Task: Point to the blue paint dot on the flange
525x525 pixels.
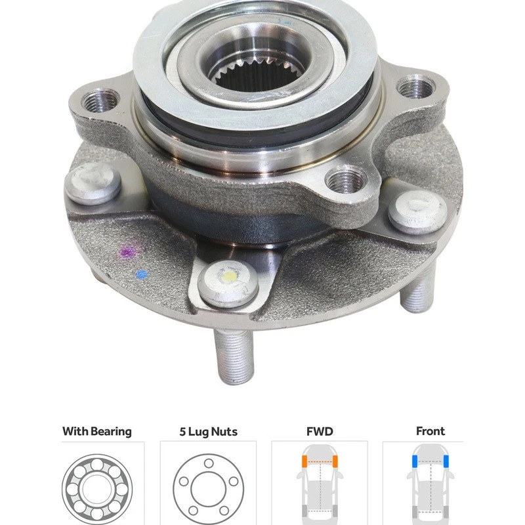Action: tap(139, 274)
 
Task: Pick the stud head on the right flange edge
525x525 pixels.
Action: tap(417, 213)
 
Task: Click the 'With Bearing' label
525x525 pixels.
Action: tap(97, 431)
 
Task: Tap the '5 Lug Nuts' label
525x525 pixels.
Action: tap(208, 431)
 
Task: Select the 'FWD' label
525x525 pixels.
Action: tap(319, 431)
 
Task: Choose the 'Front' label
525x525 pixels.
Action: tap(430, 431)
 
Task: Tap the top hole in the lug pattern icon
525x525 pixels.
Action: tap(208, 463)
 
